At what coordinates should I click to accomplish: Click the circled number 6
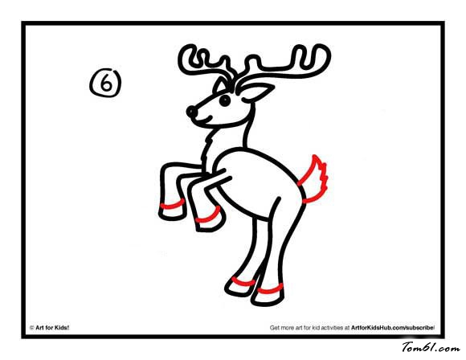point(106,83)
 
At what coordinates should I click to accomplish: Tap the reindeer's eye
point(225,100)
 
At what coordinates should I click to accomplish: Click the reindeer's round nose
point(192,112)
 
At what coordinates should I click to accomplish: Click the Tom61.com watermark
point(431,347)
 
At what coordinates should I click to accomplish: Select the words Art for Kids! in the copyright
point(52,328)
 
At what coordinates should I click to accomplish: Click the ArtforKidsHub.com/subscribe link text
point(392,328)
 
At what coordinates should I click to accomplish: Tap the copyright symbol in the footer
point(32,328)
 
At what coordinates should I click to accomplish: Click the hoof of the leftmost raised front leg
point(172,213)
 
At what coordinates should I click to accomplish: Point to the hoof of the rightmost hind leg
point(268,298)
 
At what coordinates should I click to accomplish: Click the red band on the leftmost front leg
point(173,205)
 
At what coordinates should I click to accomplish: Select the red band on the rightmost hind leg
point(271,289)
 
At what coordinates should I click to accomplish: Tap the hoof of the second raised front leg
point(210,223)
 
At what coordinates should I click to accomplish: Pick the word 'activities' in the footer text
point(332,328)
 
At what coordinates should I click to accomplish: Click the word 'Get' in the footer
point(274,328)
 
